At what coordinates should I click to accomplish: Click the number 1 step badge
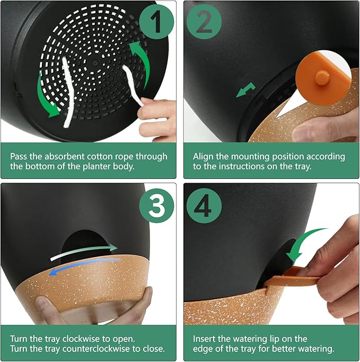[x=156, y=21]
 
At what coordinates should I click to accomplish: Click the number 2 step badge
[x=204, y=21]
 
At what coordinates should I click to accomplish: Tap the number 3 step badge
[x=156, y=205]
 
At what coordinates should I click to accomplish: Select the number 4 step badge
[x=204, y=205]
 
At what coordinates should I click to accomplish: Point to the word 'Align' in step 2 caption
[x=203, y=157]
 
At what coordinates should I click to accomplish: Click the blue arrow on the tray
[x=84, y=266]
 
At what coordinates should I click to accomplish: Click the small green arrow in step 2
[x=246, y=90]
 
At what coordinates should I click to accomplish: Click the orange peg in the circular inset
[x=322, y=77]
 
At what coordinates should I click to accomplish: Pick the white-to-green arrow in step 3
[x=84, y=252]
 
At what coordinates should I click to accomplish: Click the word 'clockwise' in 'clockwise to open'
[x=82, y=339]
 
